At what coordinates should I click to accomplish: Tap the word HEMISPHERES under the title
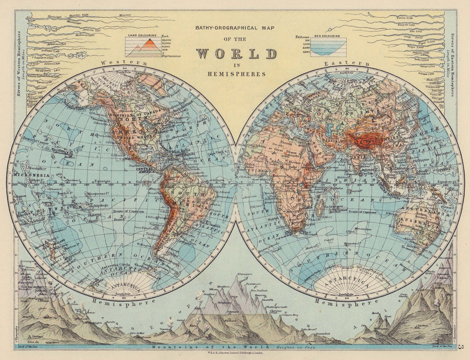pos(235,74)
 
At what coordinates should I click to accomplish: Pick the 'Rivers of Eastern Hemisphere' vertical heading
pos(453,63)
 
